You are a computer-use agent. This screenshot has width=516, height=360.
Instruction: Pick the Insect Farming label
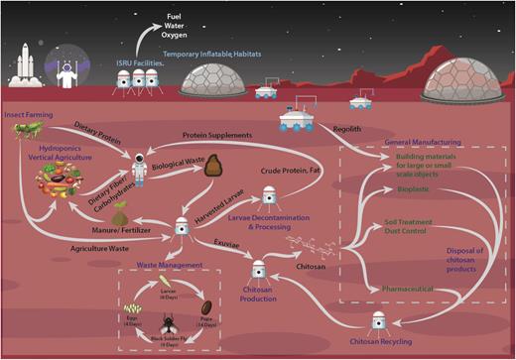28,116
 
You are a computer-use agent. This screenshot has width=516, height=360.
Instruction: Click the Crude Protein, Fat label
291,171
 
